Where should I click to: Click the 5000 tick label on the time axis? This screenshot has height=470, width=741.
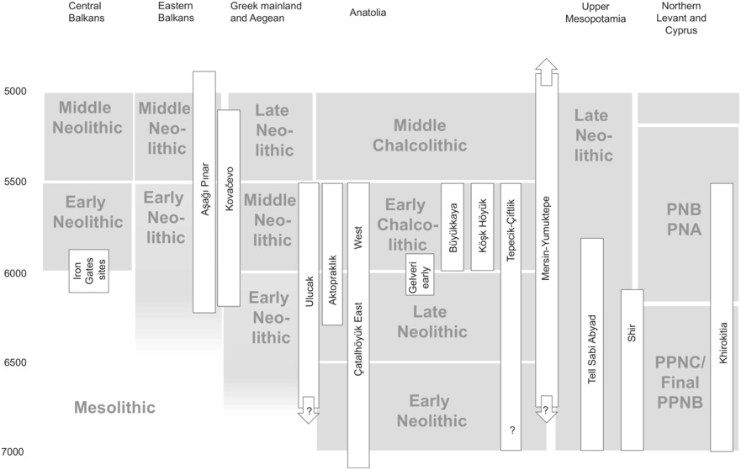16,92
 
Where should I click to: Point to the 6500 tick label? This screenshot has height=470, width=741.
16,363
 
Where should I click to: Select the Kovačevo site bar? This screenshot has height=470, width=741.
229,208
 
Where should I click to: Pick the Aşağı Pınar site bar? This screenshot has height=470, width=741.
204,192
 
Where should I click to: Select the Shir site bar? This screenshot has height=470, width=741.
632,370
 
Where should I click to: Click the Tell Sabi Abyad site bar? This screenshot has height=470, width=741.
592,345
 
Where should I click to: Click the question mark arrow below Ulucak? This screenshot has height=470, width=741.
309,409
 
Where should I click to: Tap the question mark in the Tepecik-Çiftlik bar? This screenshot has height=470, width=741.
511,431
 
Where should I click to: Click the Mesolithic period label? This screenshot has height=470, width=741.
115,408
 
